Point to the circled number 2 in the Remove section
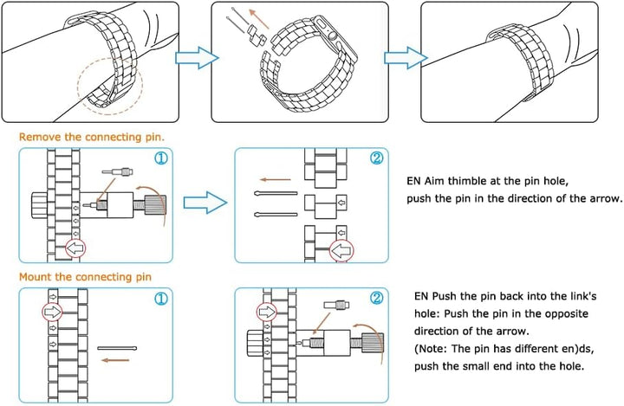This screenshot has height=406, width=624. (x=376, y=159)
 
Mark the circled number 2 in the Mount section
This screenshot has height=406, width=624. (x=376, y=299)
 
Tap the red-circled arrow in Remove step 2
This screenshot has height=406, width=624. (x=344, y=251)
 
